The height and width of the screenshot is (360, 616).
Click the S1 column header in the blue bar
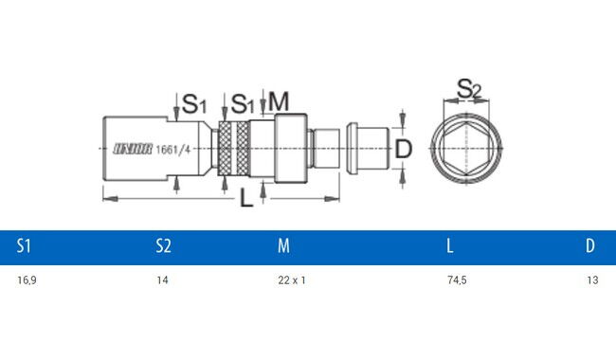tap(24, 245)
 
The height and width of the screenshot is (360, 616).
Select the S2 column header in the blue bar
tap(163, 245)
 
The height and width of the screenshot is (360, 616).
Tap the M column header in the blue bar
tap(283, 245)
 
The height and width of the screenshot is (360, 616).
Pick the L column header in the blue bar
tap(450, 245)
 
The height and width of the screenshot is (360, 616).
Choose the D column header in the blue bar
tap(590, 245)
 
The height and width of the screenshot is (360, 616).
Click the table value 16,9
tap(27, 280)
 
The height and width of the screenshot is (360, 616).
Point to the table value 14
tap(162, 279)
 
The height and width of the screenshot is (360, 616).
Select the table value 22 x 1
tap(292, 279)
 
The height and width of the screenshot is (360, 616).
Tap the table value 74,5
tap(457, 280)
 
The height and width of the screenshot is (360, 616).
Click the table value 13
tap(592, 279)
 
